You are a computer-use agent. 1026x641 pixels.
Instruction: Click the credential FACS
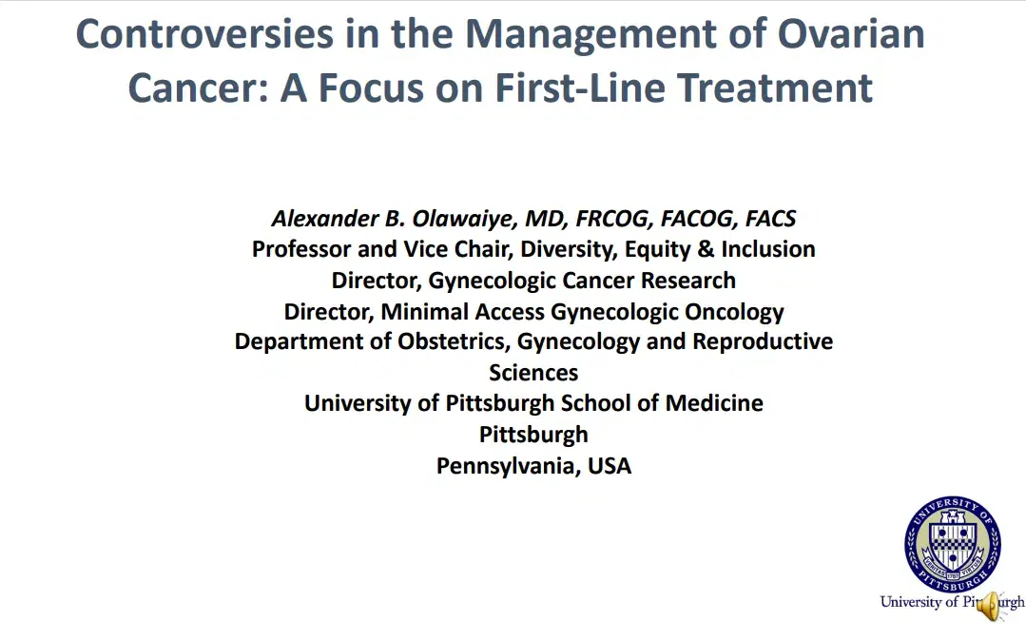(770, 219)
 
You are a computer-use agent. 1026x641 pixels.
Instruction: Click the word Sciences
(533, 372)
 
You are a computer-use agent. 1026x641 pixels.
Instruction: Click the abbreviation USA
(610, 465)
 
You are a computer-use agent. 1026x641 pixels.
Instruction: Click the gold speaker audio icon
(991, 605)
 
